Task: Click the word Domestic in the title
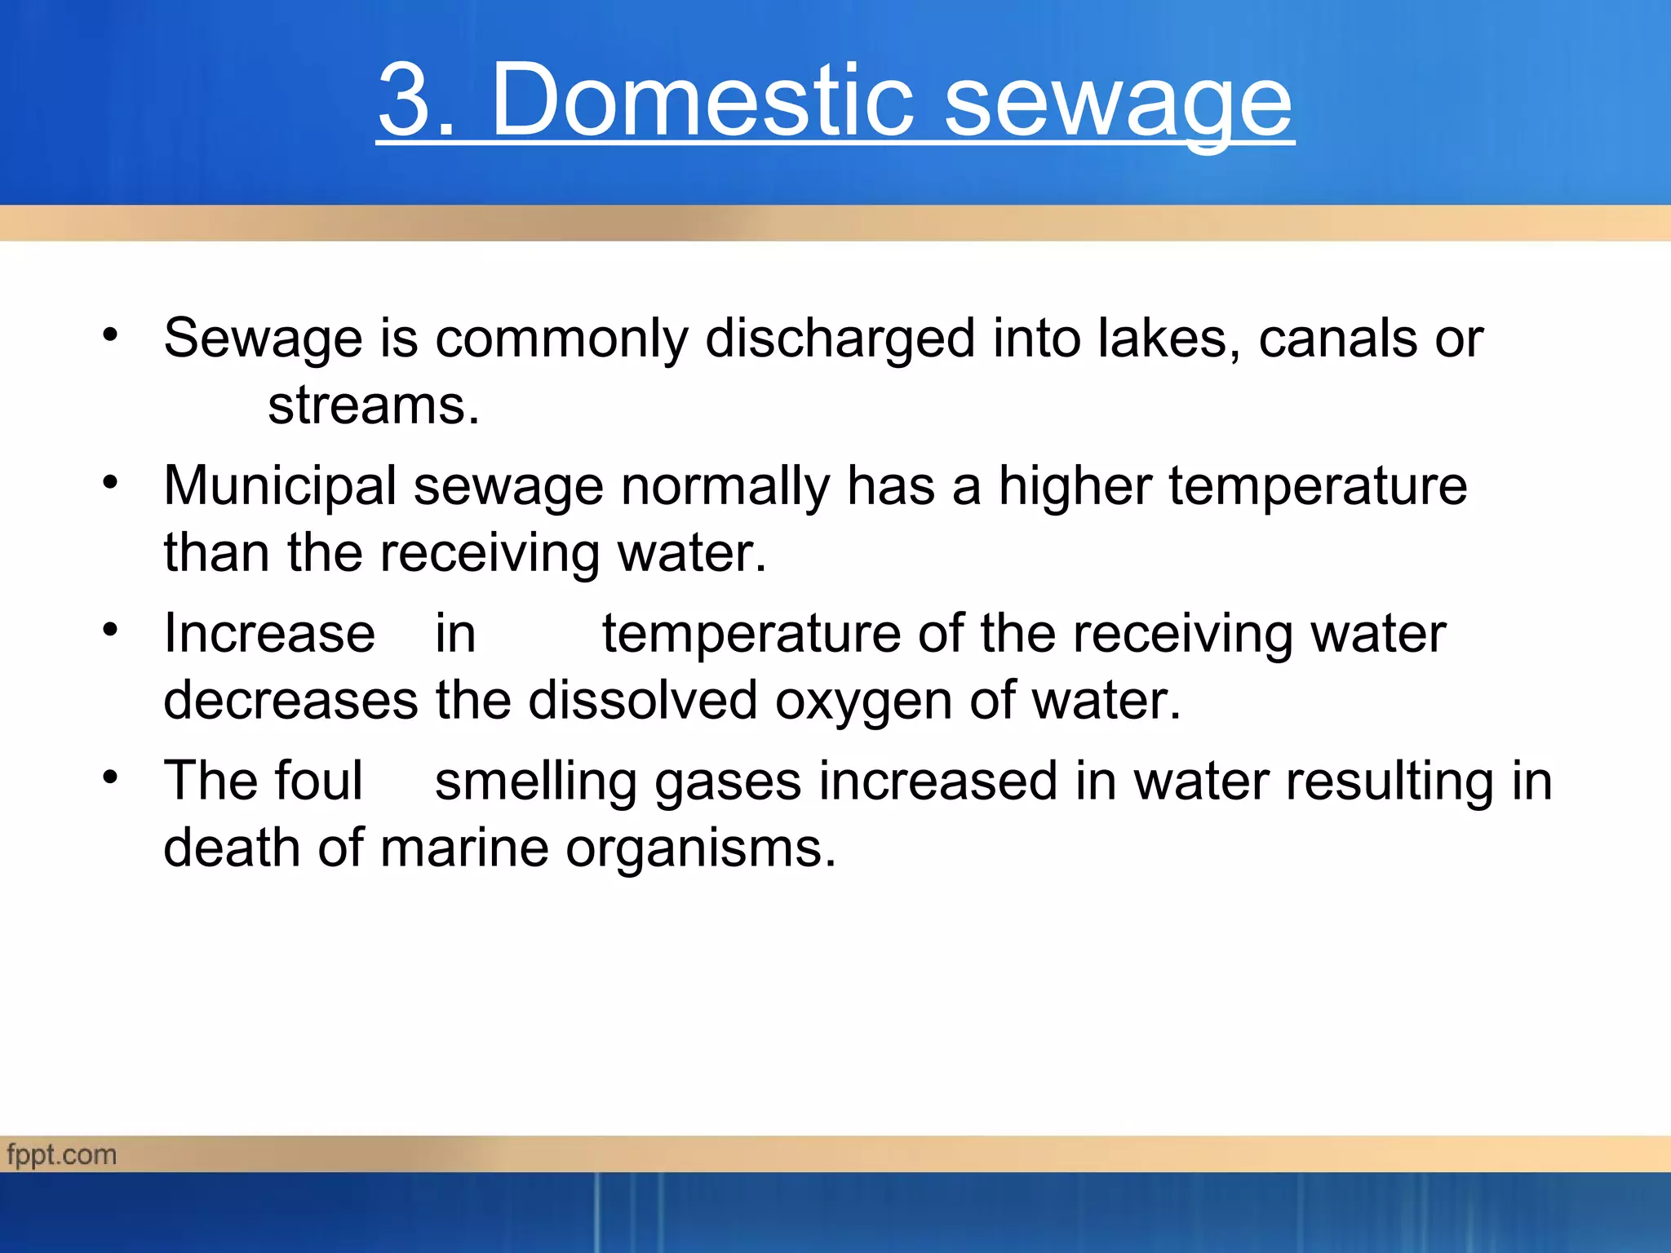(703, 101)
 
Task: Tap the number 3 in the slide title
(406, 101)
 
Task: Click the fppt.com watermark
(62, 1155)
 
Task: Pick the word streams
(373, 405)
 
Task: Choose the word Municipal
(280, 487)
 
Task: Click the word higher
(1075, 487)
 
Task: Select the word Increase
(269, 634)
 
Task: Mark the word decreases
(290, 701)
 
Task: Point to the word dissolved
(643, 701)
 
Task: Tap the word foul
(317, 781)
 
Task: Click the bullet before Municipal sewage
(110, 482)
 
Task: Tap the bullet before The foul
(110, 777)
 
